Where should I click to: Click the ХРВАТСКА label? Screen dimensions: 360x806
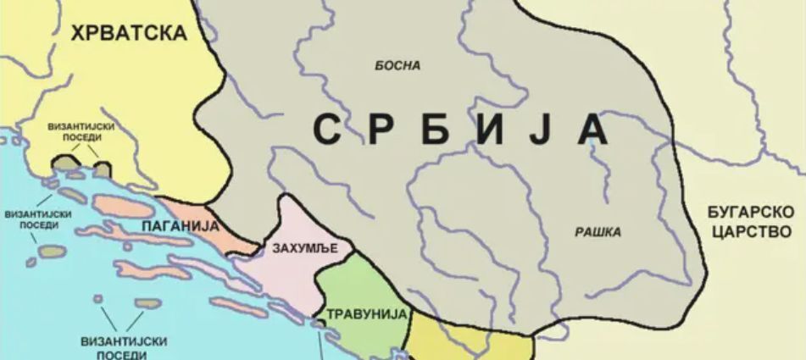click(129, 33)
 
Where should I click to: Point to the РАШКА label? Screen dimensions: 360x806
click(598, 232)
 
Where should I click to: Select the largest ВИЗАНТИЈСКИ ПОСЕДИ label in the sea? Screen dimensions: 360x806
click(123, 347)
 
